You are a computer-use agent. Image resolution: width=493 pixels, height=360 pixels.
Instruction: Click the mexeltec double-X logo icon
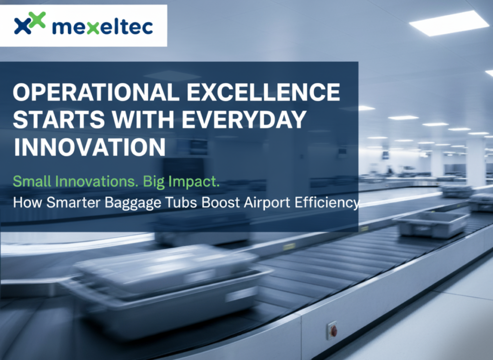pyautogui.click(x=29, y=24)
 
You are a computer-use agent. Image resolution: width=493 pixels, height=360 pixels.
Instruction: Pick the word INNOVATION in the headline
pyautogui.click(x=89, y=147)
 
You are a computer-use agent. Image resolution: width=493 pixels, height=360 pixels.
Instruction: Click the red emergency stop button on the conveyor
pyautogui.click(x=333, y=331)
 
